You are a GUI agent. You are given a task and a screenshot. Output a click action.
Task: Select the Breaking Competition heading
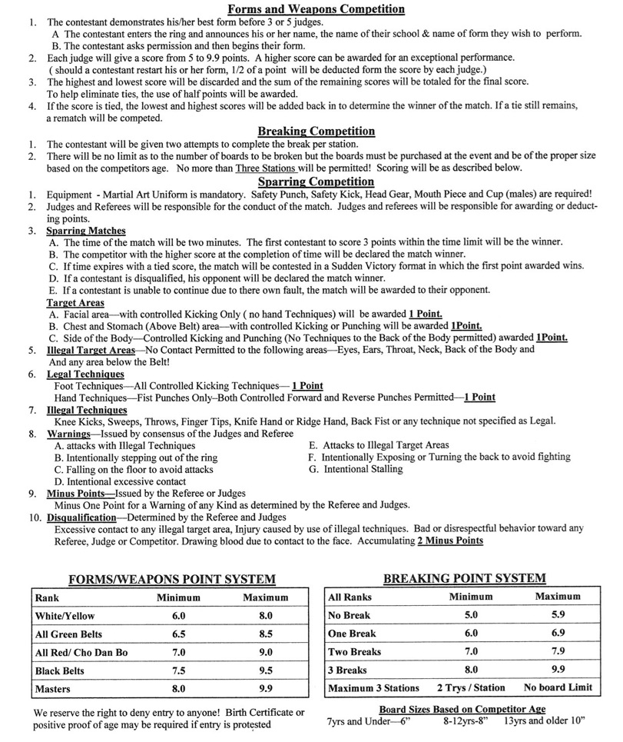(316, 131)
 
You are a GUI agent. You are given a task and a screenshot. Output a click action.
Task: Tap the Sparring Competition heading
(316, 181)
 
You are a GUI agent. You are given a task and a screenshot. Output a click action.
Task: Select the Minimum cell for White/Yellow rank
(178, 616)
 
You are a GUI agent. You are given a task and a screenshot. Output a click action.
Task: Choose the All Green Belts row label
(68, 634)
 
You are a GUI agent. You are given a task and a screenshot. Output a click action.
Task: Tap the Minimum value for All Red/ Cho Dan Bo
(178, 653)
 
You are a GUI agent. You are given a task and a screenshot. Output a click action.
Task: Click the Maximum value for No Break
(558, 615)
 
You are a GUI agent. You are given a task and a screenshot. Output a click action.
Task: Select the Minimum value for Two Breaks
(471, 651)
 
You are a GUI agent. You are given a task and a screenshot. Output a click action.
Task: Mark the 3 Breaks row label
(347, 670)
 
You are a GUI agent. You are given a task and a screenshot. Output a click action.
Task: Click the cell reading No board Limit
(558, 687)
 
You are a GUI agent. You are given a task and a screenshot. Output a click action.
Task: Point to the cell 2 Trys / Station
(471, 687)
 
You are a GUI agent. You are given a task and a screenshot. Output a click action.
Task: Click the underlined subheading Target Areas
(75, 302)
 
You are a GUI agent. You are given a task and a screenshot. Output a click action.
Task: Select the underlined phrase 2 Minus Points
(450, 541)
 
